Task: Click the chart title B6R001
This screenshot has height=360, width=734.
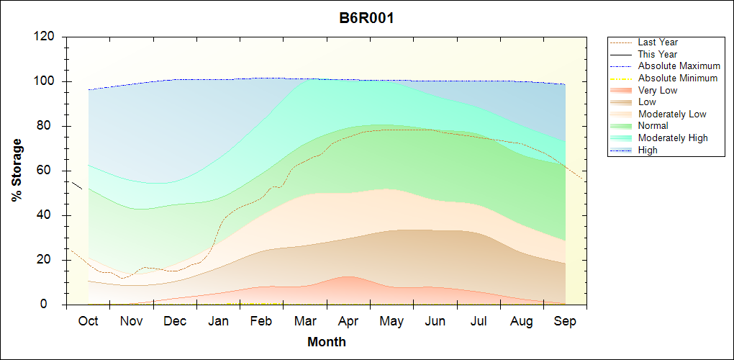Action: pyautogui.click(x=366, y=18)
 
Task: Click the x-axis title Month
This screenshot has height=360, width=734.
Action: pyautogui.click(x=327, y=342)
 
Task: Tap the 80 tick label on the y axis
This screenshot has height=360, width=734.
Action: pyautogui.click(x=49, y=126)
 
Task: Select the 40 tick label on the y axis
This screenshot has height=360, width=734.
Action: pyautogui.click(x=49, y=215)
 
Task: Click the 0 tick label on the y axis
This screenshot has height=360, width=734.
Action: pyautogui.click(x=53, y=305)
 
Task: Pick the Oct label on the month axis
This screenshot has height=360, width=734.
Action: pyautogui.click(x=88, y=322)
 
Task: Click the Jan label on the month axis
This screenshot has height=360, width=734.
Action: pyautogui.click(x=218, y=322)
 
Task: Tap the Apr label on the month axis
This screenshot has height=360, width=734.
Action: pyautogui.click(x=348, y=322)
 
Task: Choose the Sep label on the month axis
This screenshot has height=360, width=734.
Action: pyautogui.click(x=565, y=322)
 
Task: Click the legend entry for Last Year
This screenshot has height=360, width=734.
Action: pyautogui.click(x=658, y=42)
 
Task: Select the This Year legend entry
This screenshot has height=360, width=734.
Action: pyautogui.click(x=657, y=54)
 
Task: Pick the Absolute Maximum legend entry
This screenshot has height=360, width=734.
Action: pyautogui.click(x=679, y=66)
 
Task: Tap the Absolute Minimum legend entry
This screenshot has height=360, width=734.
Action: pyautogui.click(x=678, y=78)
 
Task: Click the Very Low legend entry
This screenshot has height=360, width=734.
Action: pyautogui.click(x=658, y=90)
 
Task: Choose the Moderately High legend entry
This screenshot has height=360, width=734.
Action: pyautogui.click(x=673, y=138)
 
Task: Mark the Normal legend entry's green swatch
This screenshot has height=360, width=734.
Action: pyautogui.click(x=621, y=126)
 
